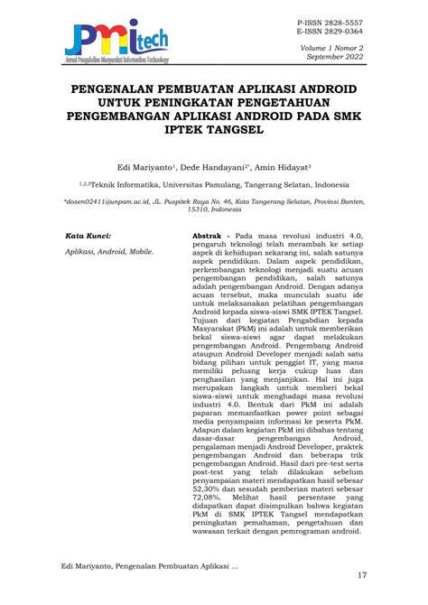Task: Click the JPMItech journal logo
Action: (117, 37)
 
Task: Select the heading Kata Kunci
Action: (87, 235)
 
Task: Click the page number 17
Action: (362, 576)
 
